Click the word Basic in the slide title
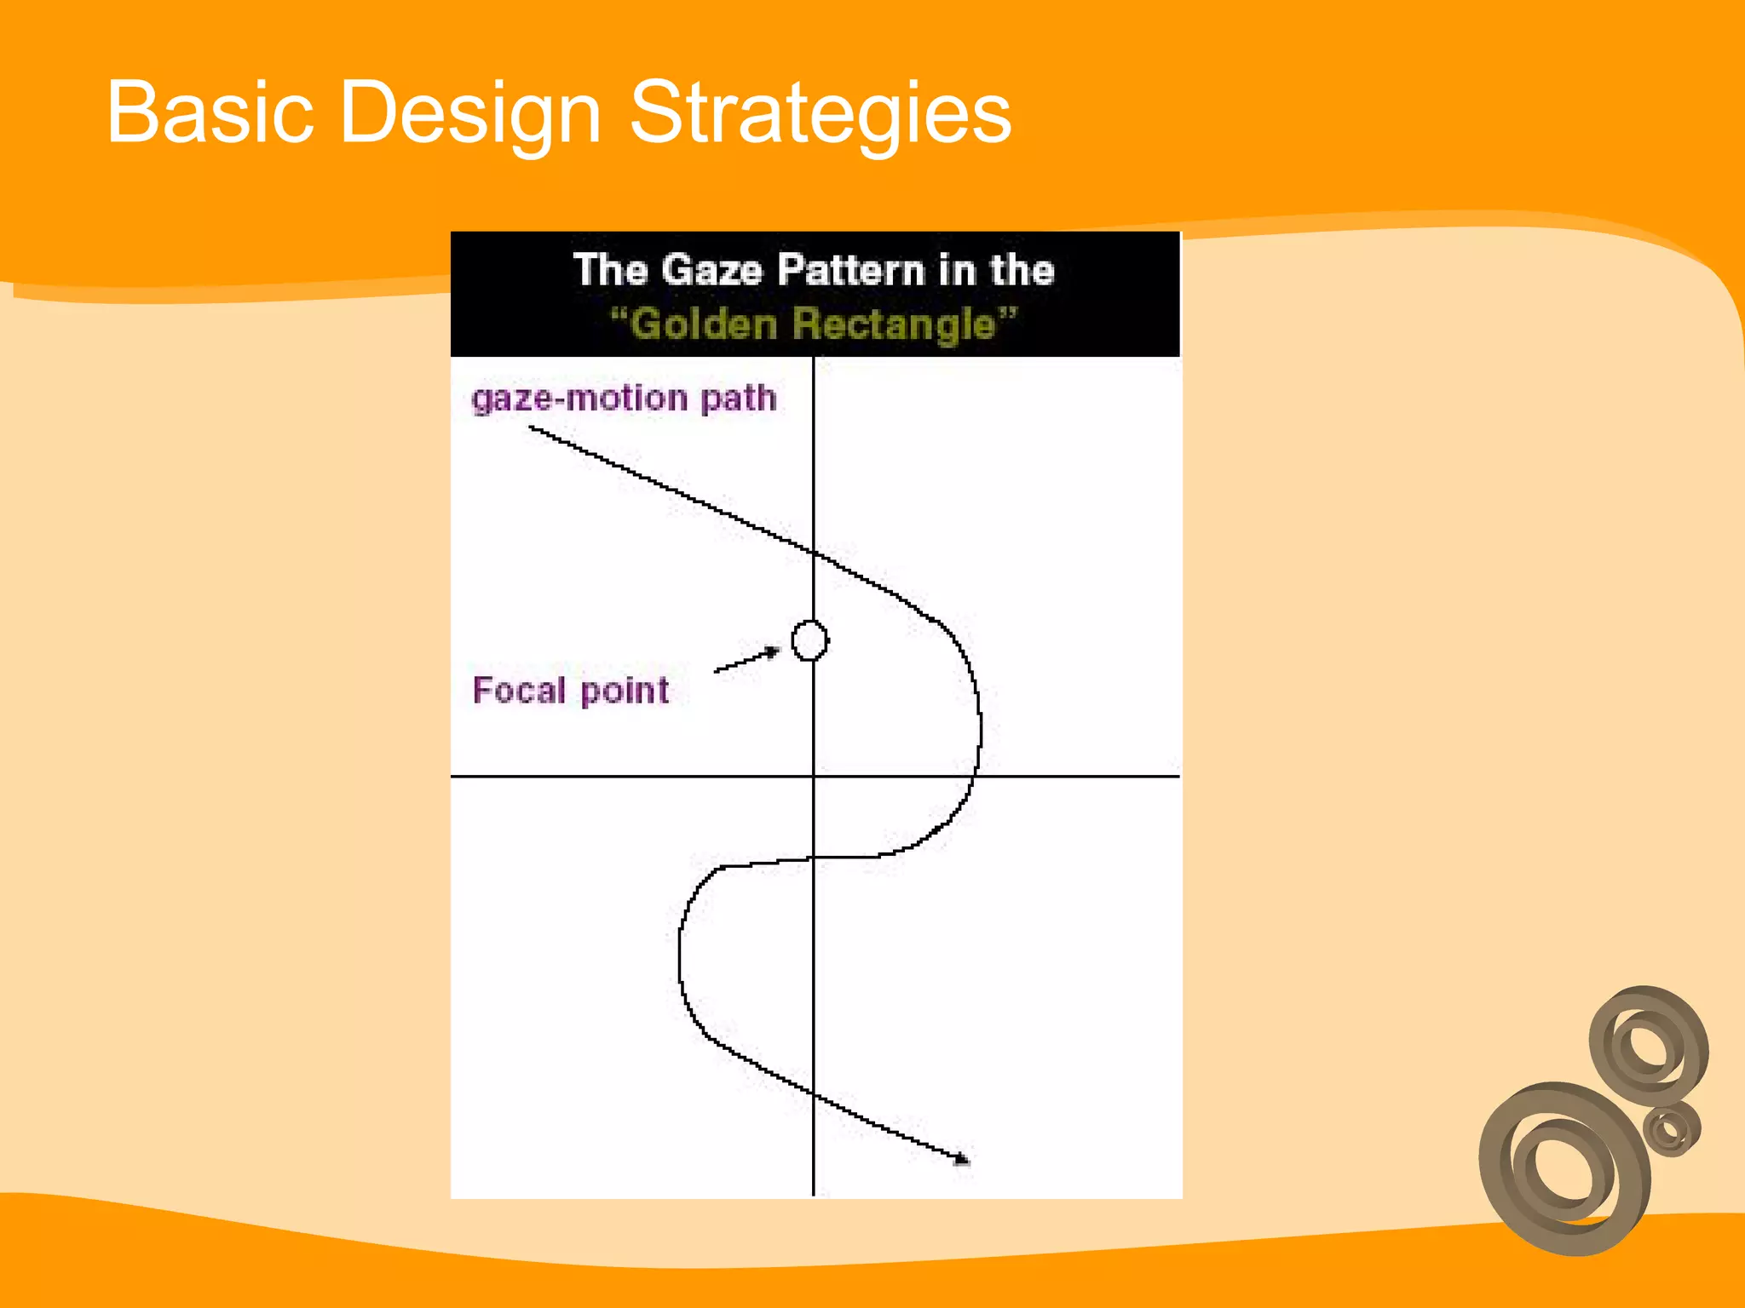click(x=210, y=113)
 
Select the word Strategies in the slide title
click(x=820, y=113)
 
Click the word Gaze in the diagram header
click(x=711, y=270)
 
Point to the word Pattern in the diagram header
click(x=850, y=270)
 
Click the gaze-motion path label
click(x=624, y=399)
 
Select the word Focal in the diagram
click(x=519, y=690)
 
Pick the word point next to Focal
click(x=625, y=691)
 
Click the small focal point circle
click(x=809, y=640)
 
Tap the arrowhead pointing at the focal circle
click(x=772, y=652)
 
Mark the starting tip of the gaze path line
click(x=532, y=428)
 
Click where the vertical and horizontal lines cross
click(x=814, y=776)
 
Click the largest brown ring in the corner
click(x=1564, y=1168)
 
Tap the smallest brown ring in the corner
click(x=1672, y=1130)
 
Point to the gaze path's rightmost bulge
click(x=980, y=724)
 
